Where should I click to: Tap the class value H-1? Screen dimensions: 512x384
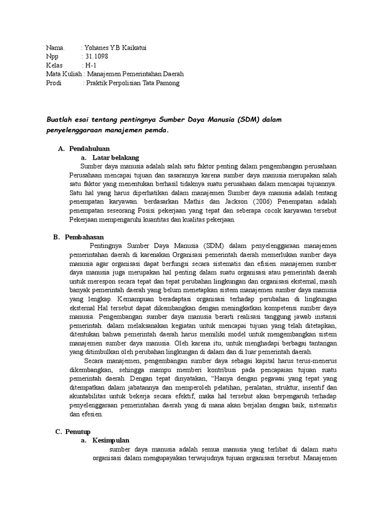tap(90, 65)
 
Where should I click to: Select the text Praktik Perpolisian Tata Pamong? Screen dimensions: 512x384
tap(132, 83)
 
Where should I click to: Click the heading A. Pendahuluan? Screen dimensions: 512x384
tap(84, 148)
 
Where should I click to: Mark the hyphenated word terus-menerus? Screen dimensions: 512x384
tap(315, 360)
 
